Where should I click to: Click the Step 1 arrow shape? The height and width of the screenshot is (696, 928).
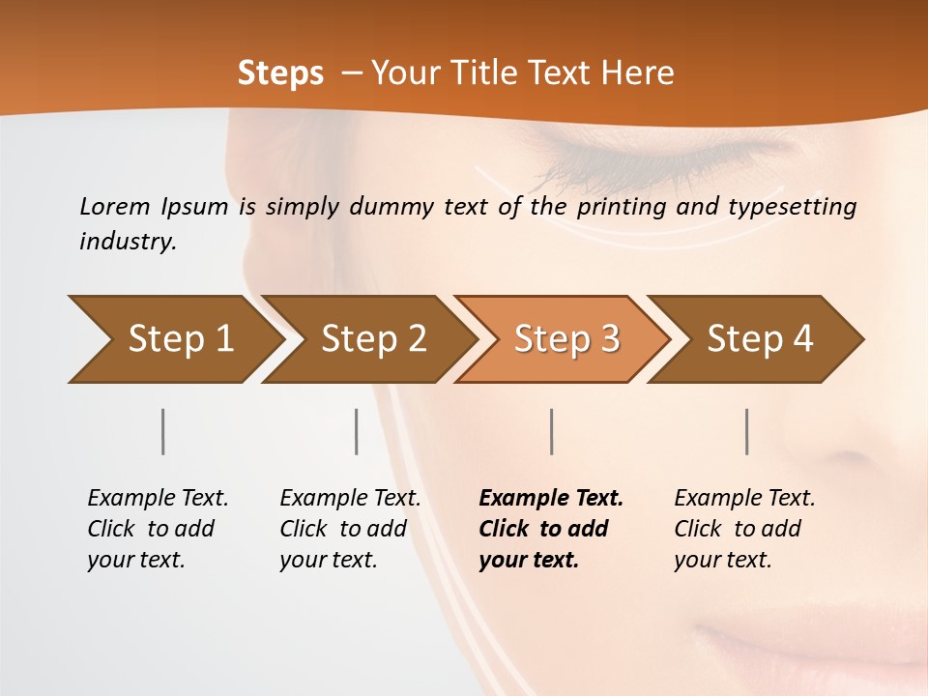[x=174, y=339]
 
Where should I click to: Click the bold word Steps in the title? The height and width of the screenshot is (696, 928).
[x=280, y=73]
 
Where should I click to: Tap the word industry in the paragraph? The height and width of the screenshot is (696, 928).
[x=127, y=242]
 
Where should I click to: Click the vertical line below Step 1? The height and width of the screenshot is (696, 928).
[x=163, y=431]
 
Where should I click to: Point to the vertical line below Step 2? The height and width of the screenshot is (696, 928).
[x=357, y=431]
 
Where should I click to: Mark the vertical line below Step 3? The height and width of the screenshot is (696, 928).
[x=552, y=431]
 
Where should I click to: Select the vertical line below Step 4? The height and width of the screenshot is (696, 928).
[x=747, y=431]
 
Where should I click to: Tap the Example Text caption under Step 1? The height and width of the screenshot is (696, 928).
[x=158, y=499]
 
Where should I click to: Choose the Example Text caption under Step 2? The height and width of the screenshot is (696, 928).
[x=350, y=499]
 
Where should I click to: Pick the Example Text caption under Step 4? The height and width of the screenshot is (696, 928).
[x=744, y=499]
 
